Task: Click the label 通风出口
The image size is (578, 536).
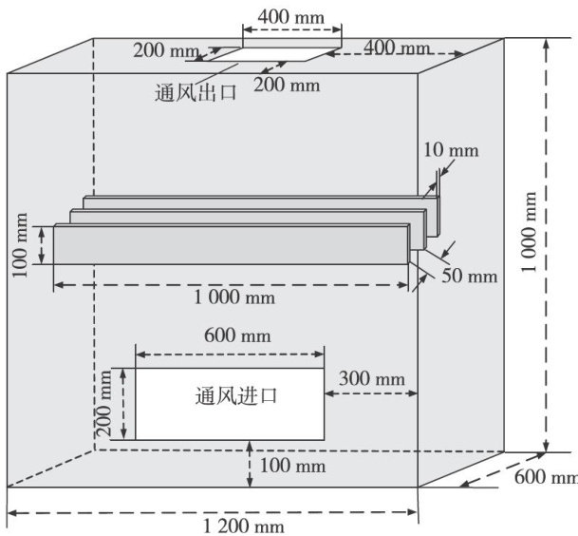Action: (195, 93)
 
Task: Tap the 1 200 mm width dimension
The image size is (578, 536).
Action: (239, 526)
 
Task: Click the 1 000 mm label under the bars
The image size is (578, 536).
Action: (234, 297)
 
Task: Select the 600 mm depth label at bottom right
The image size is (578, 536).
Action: (549, 477)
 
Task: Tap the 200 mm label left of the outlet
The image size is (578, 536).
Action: (164, 50)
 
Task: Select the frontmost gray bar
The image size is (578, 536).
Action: (233, 243)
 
